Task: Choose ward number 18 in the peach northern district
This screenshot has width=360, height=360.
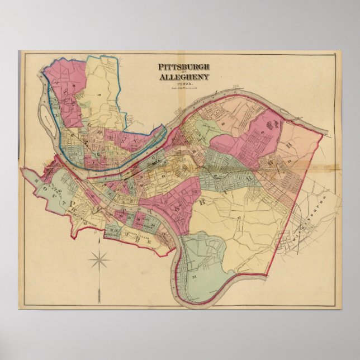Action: [211, 120]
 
